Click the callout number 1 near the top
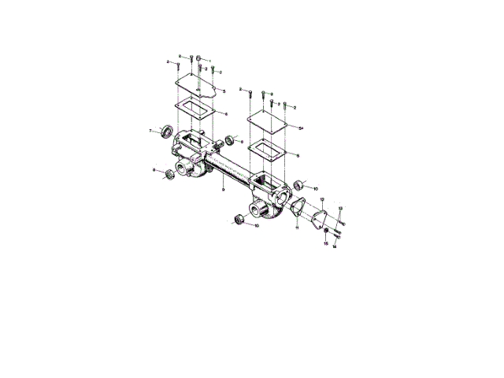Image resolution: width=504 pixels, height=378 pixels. coord(210,61)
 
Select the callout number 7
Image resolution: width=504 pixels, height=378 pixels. coord(150,130)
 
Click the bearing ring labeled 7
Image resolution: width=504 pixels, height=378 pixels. coord(167,130)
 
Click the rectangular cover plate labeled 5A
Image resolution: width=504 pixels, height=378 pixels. coord(265,122)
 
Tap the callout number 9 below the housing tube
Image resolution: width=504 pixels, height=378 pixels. coord(224,190)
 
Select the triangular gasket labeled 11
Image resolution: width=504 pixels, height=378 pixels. coord(298,208)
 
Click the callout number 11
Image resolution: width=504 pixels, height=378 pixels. coord(297,228)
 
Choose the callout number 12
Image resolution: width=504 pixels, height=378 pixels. coord(322,200)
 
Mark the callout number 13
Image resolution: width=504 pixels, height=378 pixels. coord(340,209)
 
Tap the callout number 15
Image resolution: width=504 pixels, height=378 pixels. coord(325,244)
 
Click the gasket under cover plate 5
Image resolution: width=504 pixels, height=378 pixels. coord(193,108)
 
